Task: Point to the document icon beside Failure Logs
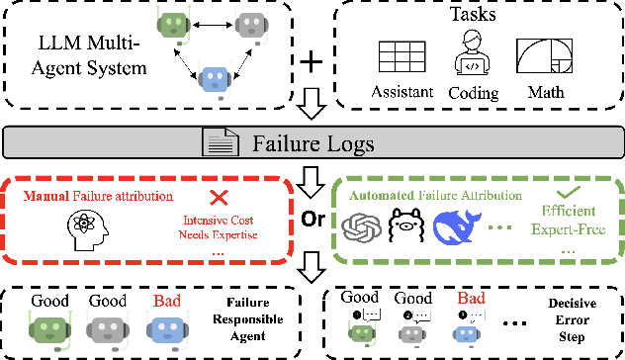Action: [x=218, y=144]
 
